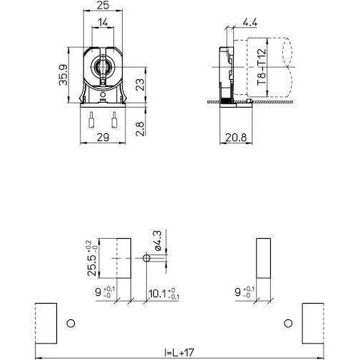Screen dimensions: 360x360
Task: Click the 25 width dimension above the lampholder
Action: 103,6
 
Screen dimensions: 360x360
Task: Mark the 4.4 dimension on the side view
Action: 250,21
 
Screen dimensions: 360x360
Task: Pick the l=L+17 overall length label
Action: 179,351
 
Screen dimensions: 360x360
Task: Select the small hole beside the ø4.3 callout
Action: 147,260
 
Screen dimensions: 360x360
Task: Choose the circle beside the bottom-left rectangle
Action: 70,324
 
